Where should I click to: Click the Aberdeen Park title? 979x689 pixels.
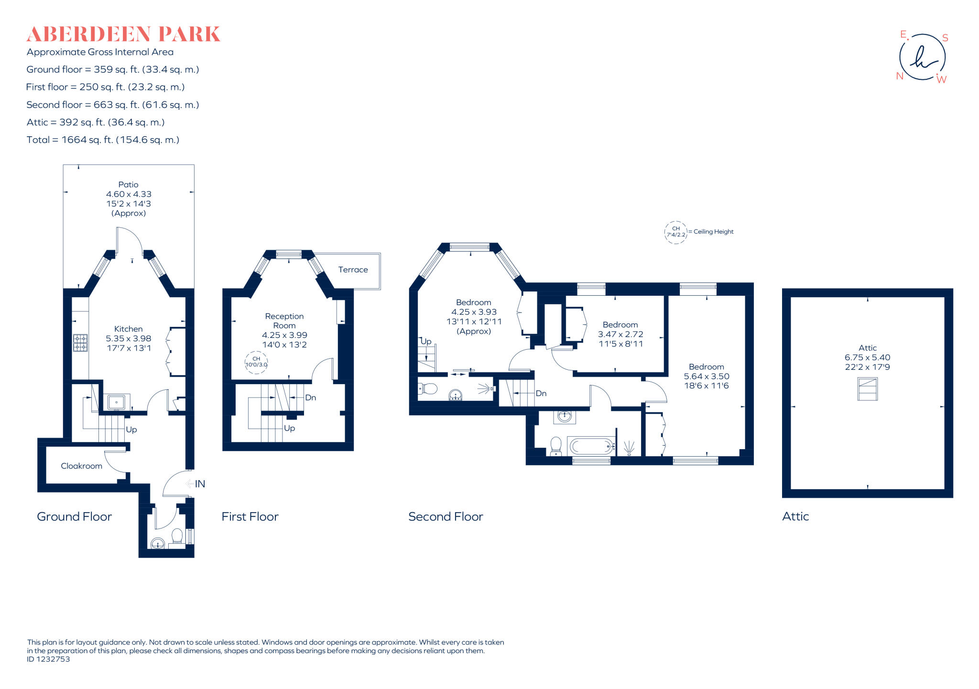point(123,34)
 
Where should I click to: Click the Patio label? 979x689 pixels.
point(128,184)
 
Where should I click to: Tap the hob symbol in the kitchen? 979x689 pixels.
point(80,343)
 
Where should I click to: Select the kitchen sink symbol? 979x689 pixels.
point(116,402)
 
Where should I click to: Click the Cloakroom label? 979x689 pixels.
point(81,466)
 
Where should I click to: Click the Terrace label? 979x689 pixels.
point(353,269)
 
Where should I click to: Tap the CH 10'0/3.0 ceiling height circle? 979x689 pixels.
point(256,362)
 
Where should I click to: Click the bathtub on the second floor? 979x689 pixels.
point(591,447)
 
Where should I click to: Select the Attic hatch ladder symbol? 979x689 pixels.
point(867,389)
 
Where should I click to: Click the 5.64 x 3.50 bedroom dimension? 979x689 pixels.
point(706,376)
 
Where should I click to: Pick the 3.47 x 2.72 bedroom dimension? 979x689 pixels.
point(620,334)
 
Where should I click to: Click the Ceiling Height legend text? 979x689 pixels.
point(713,232)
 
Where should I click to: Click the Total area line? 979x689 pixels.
point(103,140)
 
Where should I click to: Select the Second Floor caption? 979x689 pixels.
point(446,517)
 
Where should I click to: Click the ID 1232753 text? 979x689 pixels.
point(48,659)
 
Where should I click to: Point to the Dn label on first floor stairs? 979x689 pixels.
point(310,398)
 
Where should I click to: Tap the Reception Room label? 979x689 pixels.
point(284,321)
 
